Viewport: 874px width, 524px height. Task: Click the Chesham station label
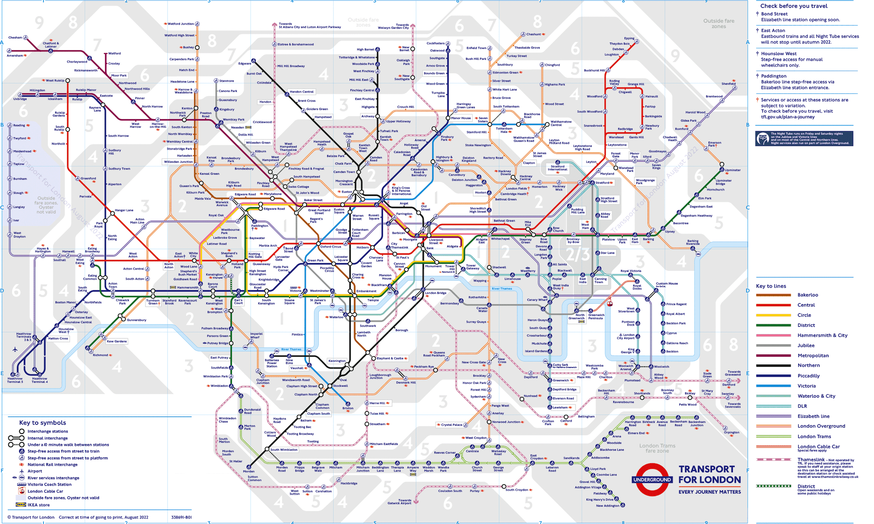(x=15, y=38)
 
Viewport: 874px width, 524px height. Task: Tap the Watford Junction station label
(x=181, y=24)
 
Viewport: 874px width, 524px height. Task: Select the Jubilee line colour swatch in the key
(x=773, y=346)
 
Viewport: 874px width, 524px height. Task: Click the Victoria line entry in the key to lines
(x=806, y=386)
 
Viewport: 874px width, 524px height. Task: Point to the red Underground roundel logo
(x=652, y=480)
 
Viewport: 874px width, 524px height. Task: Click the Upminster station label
(x=732, y=170)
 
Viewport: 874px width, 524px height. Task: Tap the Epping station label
(x=629, y=38)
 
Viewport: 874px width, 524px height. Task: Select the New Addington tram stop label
(x=607, y=506)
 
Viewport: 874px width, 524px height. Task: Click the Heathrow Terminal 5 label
(x=15, y=380)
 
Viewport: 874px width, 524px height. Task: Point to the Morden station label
(x=248, y=471)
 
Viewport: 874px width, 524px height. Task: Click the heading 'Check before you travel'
(x=794, y=6)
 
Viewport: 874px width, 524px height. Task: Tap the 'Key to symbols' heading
(x=43, y=423)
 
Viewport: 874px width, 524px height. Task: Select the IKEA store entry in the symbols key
(x=39, y=505)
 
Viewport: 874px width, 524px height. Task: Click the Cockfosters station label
(x=435, y=43)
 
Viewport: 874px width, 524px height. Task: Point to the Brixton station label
(x=348, y=408)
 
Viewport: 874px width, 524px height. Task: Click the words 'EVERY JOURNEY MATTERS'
(x=710, y=492)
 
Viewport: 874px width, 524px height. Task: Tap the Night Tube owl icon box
(x=763, y=139)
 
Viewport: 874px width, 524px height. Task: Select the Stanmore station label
(x=226, y=81)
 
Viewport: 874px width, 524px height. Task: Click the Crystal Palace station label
(x=451, y=425)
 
